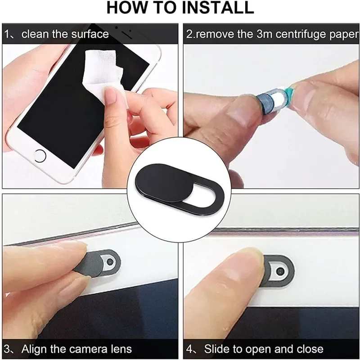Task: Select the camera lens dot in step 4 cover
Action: [280, 271]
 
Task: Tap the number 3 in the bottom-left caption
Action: [8, 349]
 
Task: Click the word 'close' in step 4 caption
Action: [308, 349]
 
